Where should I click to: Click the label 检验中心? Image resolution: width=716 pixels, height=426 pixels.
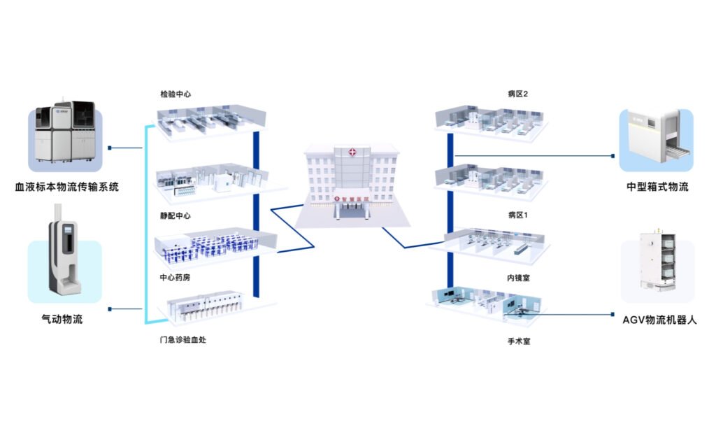(x=176, y=93)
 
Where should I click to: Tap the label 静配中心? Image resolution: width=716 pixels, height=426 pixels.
(x=175, y=216)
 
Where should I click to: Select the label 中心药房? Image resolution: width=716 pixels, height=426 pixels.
(x=175, y=277)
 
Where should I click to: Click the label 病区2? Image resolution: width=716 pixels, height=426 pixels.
(x=517, y=93)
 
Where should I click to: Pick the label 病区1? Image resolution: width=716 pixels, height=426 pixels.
(x=517, y=214)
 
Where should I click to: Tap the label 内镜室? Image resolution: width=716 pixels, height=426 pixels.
(x=517, y=278)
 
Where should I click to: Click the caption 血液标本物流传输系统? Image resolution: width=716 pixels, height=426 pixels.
(x=67, y=187)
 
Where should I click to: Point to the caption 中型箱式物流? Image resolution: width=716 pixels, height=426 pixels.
(x=657, y=187)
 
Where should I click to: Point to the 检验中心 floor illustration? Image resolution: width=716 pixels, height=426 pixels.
(x=210, y=120)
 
